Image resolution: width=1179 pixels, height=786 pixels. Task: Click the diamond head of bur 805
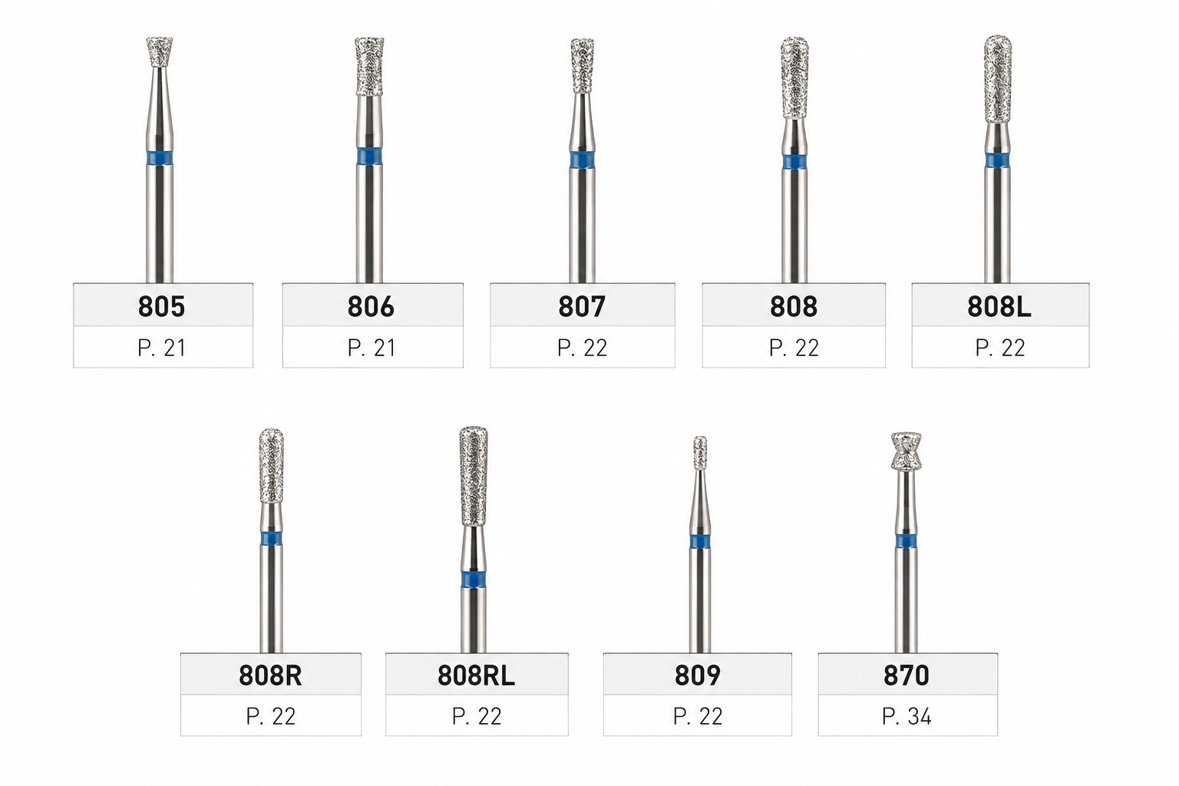point(160,51)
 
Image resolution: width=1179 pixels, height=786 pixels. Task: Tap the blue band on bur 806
point(369,157)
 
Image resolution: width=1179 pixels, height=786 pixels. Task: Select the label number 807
point(582,306)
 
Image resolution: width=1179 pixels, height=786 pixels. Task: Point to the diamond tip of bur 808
point(794,78)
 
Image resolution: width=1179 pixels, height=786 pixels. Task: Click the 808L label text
point(999,306)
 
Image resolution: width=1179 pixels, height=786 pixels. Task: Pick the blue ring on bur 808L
point(997,160)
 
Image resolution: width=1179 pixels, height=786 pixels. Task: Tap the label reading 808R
point(270,675)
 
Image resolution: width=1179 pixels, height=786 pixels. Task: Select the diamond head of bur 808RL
point(474,476)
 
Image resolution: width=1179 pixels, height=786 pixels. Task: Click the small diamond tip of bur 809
point(699,453)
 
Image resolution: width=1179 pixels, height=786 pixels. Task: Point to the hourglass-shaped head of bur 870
point(906,451)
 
